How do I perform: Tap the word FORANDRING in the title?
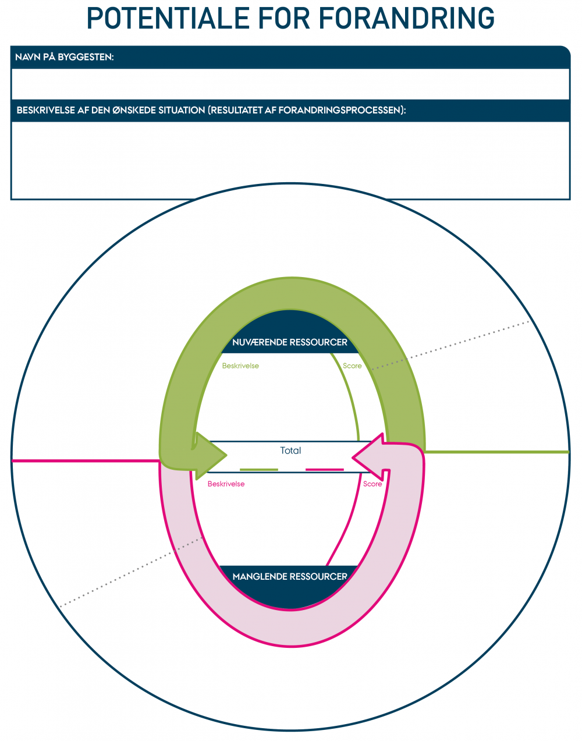click(x=407, y=19)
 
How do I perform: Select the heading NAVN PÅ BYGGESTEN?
click(x=65, y=57)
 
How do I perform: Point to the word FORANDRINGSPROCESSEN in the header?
click(x=340, y=110)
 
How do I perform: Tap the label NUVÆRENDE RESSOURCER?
click(x=290, y=342)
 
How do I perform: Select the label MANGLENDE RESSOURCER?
click(x=290, y=576)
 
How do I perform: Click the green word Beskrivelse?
click(x=240, y=366)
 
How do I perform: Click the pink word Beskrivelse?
click(x=226, y=484)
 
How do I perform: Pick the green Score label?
click(x=352, y=366)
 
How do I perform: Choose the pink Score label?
click(x=372, y=484)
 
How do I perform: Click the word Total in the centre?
click(x=290, y=451)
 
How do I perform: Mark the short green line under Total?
click(x=259, y=469)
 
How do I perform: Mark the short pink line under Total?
click(x=324, y=469)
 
